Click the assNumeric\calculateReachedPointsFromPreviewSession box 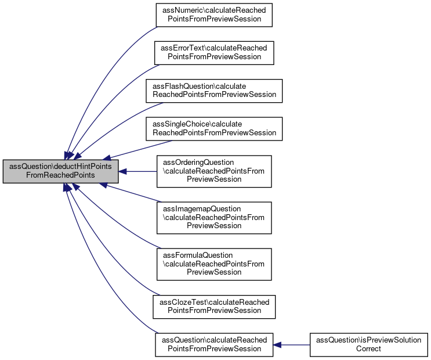pos(214,15)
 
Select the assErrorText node pos(214,53)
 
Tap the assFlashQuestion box pos(214,91)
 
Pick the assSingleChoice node pos(214,129)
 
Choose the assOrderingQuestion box pos(214,171)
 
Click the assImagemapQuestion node pos(214,218)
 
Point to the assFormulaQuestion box pos(214,264)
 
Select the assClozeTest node pos(214,307)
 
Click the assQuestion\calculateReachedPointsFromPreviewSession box pos(214,344)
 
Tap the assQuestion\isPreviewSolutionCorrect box pos(368,344)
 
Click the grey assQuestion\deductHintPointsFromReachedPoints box pos(60,171)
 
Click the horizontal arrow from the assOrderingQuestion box pos(137,171)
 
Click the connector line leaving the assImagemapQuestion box pos(132,193)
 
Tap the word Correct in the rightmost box pos(368,349)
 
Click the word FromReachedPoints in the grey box pos(60,175)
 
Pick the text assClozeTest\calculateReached pos(215,302)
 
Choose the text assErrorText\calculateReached pos(214,48)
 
